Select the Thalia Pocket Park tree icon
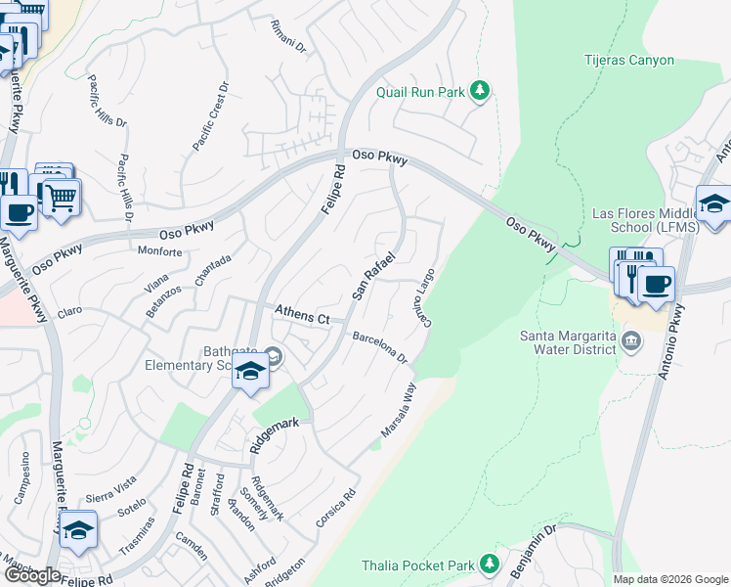tap(490, 564)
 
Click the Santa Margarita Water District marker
tap(631, 340)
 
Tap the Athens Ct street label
tap(302, 315)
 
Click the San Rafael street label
tap(372, 277)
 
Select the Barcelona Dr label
tap(379, 346)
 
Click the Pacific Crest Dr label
tap(211, 115)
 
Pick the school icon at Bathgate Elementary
tap(250, 373)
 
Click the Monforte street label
tap(159, 251)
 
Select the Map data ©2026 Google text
tap(669, 579)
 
